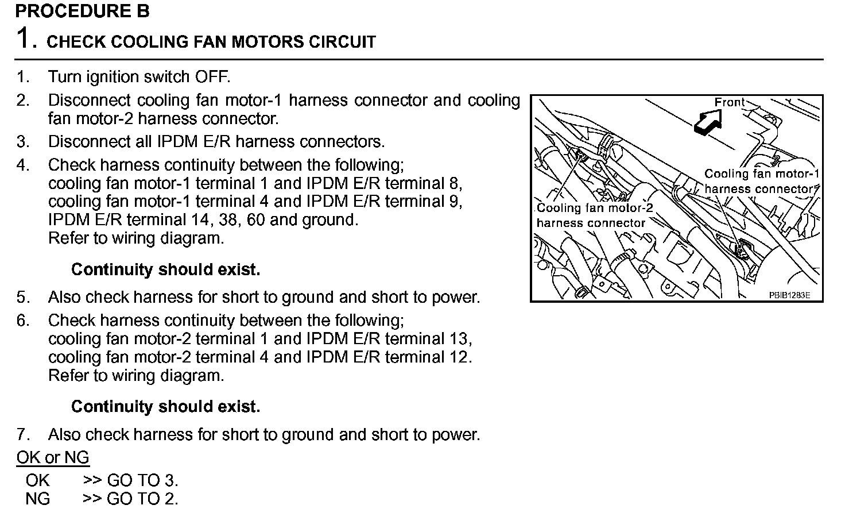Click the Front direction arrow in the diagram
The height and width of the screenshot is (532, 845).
(x=707, y=122)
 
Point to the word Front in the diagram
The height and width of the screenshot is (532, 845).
(x=729, y=102)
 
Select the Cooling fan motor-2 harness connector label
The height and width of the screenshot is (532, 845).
(x=594, y=215)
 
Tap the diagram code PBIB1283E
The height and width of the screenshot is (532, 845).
(x=789, y=295)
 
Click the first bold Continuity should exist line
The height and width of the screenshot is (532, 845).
(x=165, y=269)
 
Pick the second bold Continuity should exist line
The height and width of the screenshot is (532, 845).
(x=165, y=407)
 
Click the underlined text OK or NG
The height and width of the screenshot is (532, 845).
(x=53, y=457)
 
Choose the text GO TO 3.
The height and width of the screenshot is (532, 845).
(x=142, y=480)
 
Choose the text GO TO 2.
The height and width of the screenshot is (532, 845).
(x=142, y=499)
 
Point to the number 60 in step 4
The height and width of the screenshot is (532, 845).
(x=256, y=219)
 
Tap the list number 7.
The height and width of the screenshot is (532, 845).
(x=22, y=434)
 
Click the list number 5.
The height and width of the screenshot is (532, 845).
(x=22, y=297)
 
